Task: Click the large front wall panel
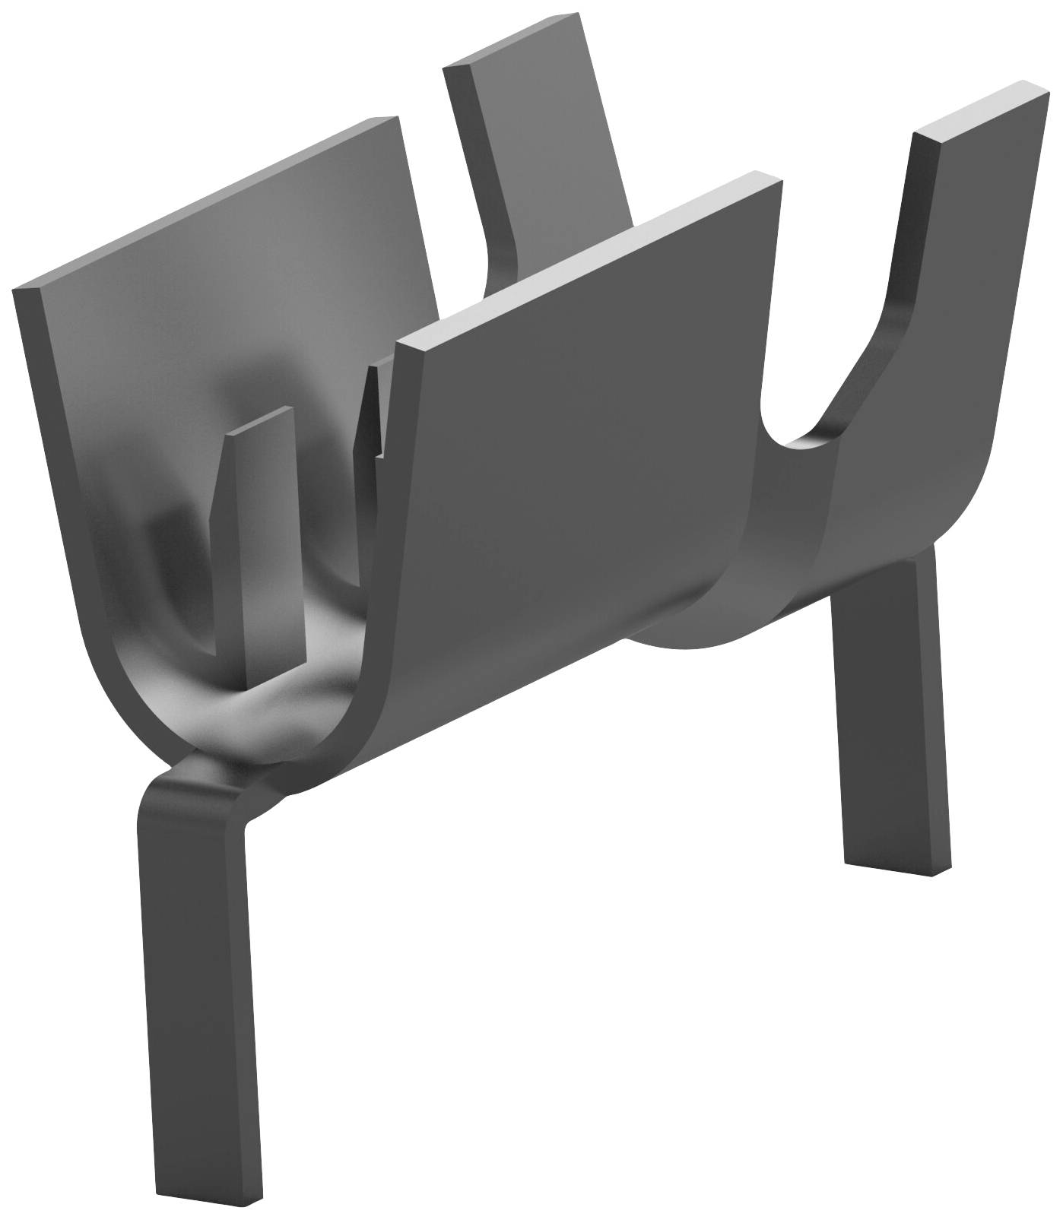(578, 426)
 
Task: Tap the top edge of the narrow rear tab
(509, 42)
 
